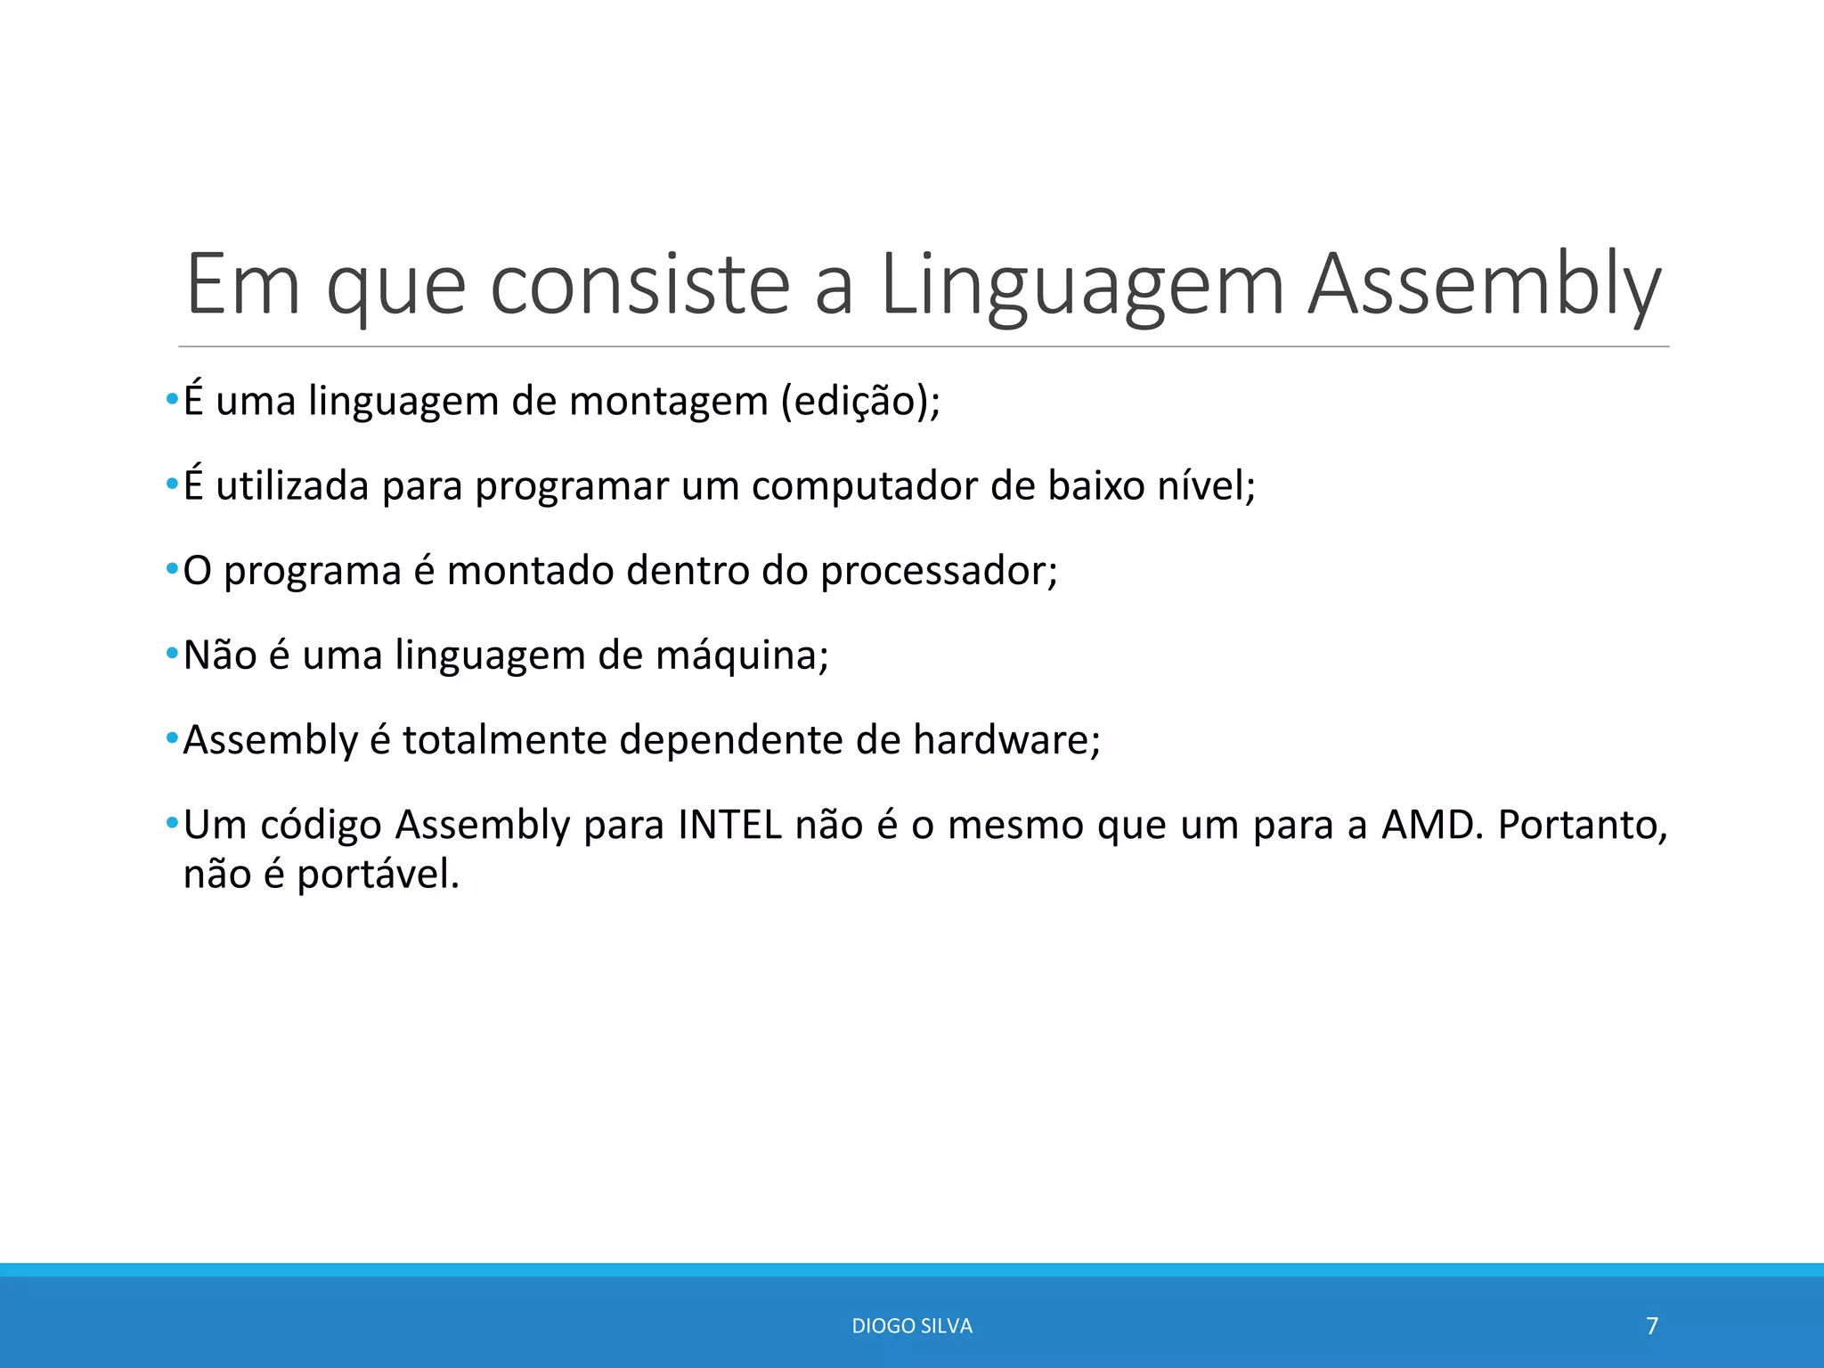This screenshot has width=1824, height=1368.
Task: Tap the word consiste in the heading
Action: point(639,285)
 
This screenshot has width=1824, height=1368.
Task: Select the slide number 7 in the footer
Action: point(1652,1326)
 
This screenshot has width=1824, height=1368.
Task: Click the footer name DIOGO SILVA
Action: point(912,1326)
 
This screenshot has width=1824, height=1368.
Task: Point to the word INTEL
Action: point(729,825)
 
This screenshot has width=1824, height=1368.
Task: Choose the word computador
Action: point(864,486)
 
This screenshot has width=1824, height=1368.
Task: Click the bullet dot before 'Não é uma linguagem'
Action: point(172,655)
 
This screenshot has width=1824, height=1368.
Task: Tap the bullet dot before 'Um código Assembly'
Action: point(172,823)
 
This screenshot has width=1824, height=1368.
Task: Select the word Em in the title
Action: point(242,285)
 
